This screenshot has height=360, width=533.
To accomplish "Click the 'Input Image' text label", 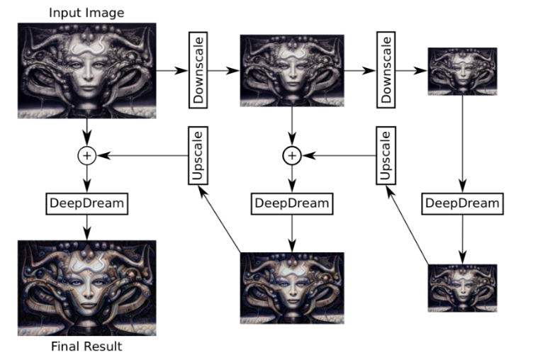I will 86,12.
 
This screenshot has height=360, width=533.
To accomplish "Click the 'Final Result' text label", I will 86,347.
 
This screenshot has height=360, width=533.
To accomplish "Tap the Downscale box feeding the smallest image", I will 388,69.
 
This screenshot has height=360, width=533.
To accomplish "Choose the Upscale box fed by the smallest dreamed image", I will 388,154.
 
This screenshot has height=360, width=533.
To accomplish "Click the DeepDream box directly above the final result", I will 86,203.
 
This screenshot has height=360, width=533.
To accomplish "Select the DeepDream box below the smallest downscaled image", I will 462,203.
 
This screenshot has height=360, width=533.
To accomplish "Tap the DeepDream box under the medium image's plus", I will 291,203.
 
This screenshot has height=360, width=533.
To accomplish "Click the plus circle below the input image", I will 86,154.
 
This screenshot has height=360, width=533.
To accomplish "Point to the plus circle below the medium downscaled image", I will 291,154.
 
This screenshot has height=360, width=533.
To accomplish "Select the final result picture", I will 86,287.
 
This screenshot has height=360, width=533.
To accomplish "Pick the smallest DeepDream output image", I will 462,287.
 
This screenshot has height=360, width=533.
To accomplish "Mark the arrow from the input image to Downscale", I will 172,70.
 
